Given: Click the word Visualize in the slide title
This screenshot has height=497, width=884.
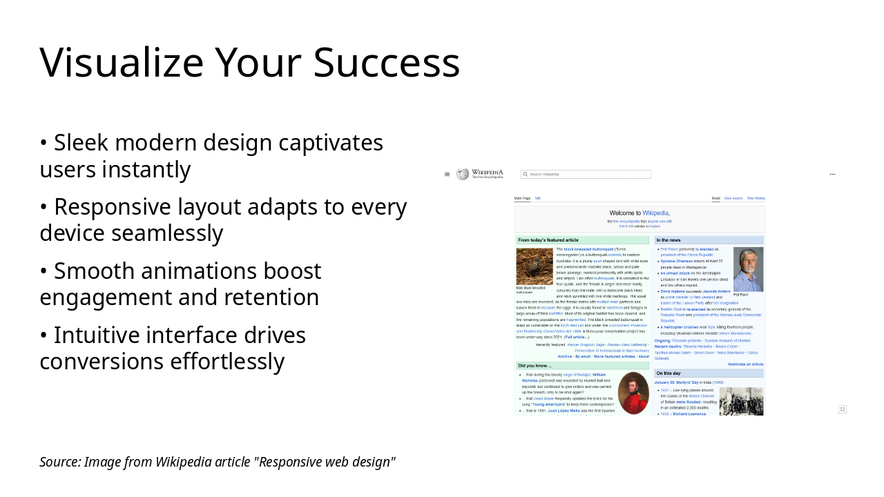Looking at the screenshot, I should point(122,63).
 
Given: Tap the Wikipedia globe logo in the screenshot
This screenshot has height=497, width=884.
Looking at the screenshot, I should point(463,174).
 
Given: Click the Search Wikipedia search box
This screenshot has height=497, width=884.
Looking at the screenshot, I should point(586,175).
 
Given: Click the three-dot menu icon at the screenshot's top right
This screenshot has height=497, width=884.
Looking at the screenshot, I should point(832,174).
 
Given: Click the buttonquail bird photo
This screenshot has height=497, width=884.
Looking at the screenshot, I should point(534,266).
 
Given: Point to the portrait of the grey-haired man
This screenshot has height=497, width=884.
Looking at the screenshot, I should point(748,269).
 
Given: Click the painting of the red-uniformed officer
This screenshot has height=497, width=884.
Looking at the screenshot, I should point(633,393).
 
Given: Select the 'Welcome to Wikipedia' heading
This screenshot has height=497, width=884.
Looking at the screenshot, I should point(640,213).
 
